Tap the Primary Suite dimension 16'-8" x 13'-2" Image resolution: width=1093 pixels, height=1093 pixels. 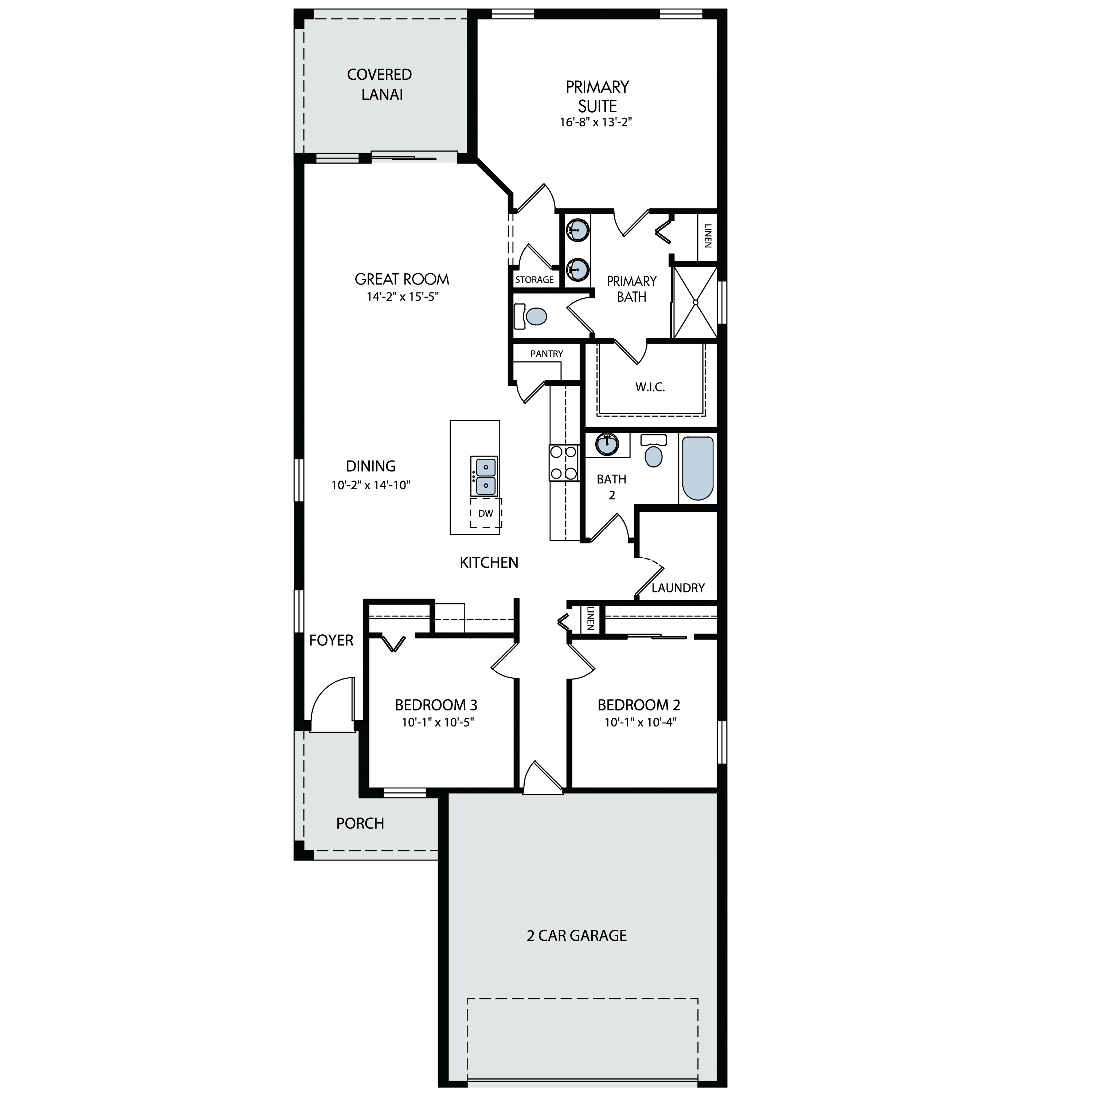coord(596,122)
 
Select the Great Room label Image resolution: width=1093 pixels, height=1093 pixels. coord(401,279)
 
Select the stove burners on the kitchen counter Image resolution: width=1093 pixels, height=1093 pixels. coord(564,463)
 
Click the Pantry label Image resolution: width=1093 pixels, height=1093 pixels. coord(546,353)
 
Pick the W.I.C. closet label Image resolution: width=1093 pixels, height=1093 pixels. coord(650,388)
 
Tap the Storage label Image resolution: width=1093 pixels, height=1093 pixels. coord(534,279)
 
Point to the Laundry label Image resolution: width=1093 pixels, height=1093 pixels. coord(678,588)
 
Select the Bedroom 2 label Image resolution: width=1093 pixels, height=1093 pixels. coord(639,705)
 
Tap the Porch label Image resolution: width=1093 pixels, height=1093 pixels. coord(360,823)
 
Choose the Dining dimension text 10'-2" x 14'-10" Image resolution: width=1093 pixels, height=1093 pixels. coord(371,485)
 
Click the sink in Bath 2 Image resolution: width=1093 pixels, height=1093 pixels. coord(607,444)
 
